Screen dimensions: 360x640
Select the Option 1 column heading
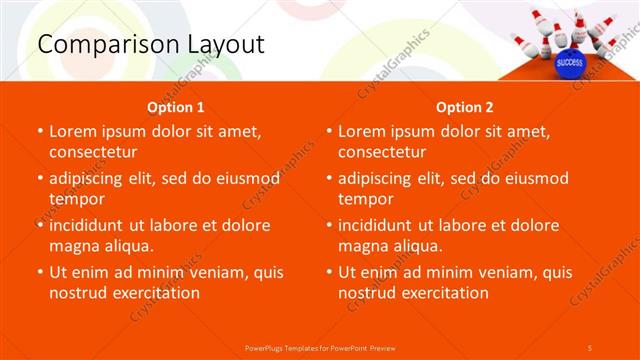coord(176,107)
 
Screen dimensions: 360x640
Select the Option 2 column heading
coord(464,107)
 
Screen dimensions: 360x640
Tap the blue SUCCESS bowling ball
coord(569,62)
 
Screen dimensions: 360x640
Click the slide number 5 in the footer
coord(590,347)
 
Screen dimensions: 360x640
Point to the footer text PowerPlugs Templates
coord(289,347)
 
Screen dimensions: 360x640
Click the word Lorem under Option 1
coord(75,131)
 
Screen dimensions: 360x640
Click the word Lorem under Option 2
coord(364,131)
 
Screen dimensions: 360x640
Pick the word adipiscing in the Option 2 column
coord(381,178)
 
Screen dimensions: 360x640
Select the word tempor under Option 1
coord(75,199)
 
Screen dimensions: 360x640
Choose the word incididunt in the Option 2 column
coord(382,225)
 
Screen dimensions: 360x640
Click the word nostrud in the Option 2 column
coord(368,293)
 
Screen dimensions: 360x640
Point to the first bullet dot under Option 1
coord(40,132)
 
